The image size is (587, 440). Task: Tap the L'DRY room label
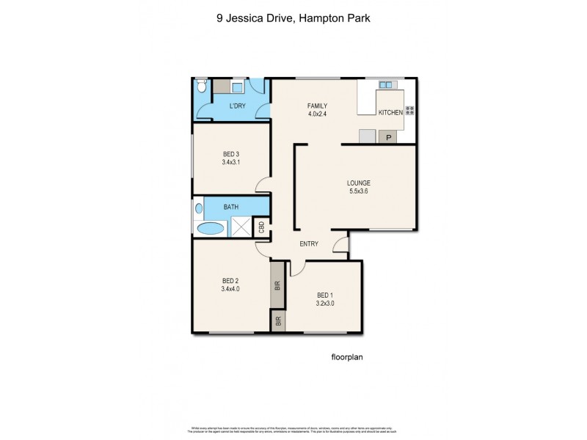[x=237, y=107]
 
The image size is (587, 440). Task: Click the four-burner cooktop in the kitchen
[x=409, y=111]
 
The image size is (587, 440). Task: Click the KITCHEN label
[x=390, y=112]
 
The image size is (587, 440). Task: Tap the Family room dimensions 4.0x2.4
[x=317, y=114]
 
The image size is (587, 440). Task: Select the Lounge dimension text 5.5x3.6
[x=359, y=192]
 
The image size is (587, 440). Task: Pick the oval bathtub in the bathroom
[x=212, y=228]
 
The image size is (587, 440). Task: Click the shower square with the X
[x=241, y=227]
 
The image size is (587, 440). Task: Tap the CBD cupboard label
[x=261, y=228]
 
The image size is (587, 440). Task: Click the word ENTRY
[x=308, y=244]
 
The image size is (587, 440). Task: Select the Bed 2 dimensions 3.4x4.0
[x=230, y=289]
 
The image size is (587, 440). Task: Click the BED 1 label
[x=325, y=295]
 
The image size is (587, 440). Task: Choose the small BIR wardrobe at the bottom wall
[x=278, y=321]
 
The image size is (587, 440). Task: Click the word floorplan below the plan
[x=348, y=358]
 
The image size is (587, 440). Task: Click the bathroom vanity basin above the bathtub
[x=199, y=208]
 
